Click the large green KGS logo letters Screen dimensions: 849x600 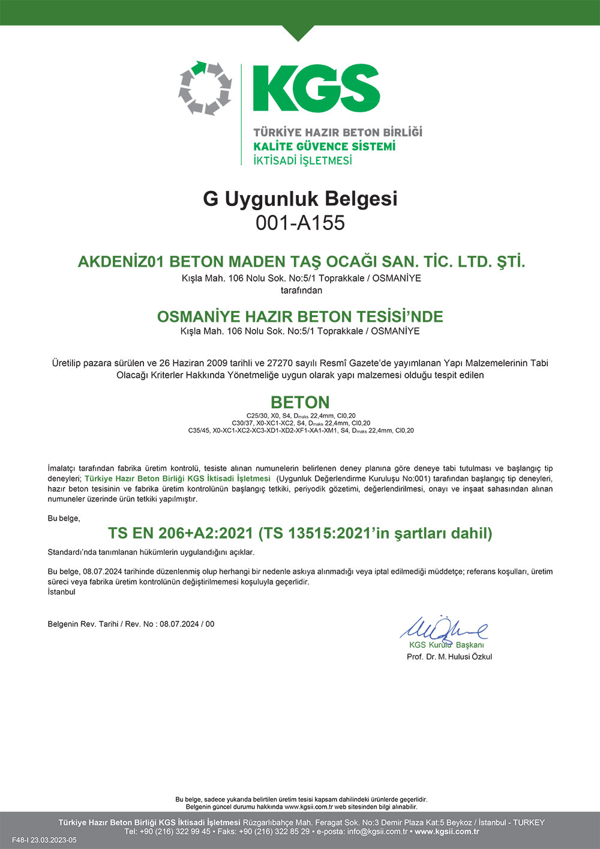pyautogui.click(x=316, y=88)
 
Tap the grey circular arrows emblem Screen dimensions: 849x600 pyautogui.click(x=205, y=88)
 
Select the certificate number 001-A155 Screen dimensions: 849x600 pyautogui.click(x=300, y=223)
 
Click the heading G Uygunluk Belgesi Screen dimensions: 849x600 pyautogui.click(x=300, y=198)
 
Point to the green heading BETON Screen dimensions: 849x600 pyautogui.click(x=300, y=402)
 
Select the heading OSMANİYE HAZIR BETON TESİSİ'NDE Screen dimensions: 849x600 pyautogui.click(x=300, y=316)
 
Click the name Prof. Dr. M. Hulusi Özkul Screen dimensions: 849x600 pyautogui.click(x=449, y=657)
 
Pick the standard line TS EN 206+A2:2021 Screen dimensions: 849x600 pyautogui.click(x=300, y=533)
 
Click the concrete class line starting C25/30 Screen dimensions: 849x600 pyautogui.click(x=301, y=415)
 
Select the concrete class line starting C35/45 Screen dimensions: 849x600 pyautogui.click(x=301, y=431)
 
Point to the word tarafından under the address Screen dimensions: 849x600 pyautogui.click(x=301, y=291)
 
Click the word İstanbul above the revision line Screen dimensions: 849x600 pyautogui.click(x=62, y=591)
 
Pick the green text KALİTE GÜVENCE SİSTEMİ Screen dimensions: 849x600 pyautogui.click(x=324, y=147)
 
